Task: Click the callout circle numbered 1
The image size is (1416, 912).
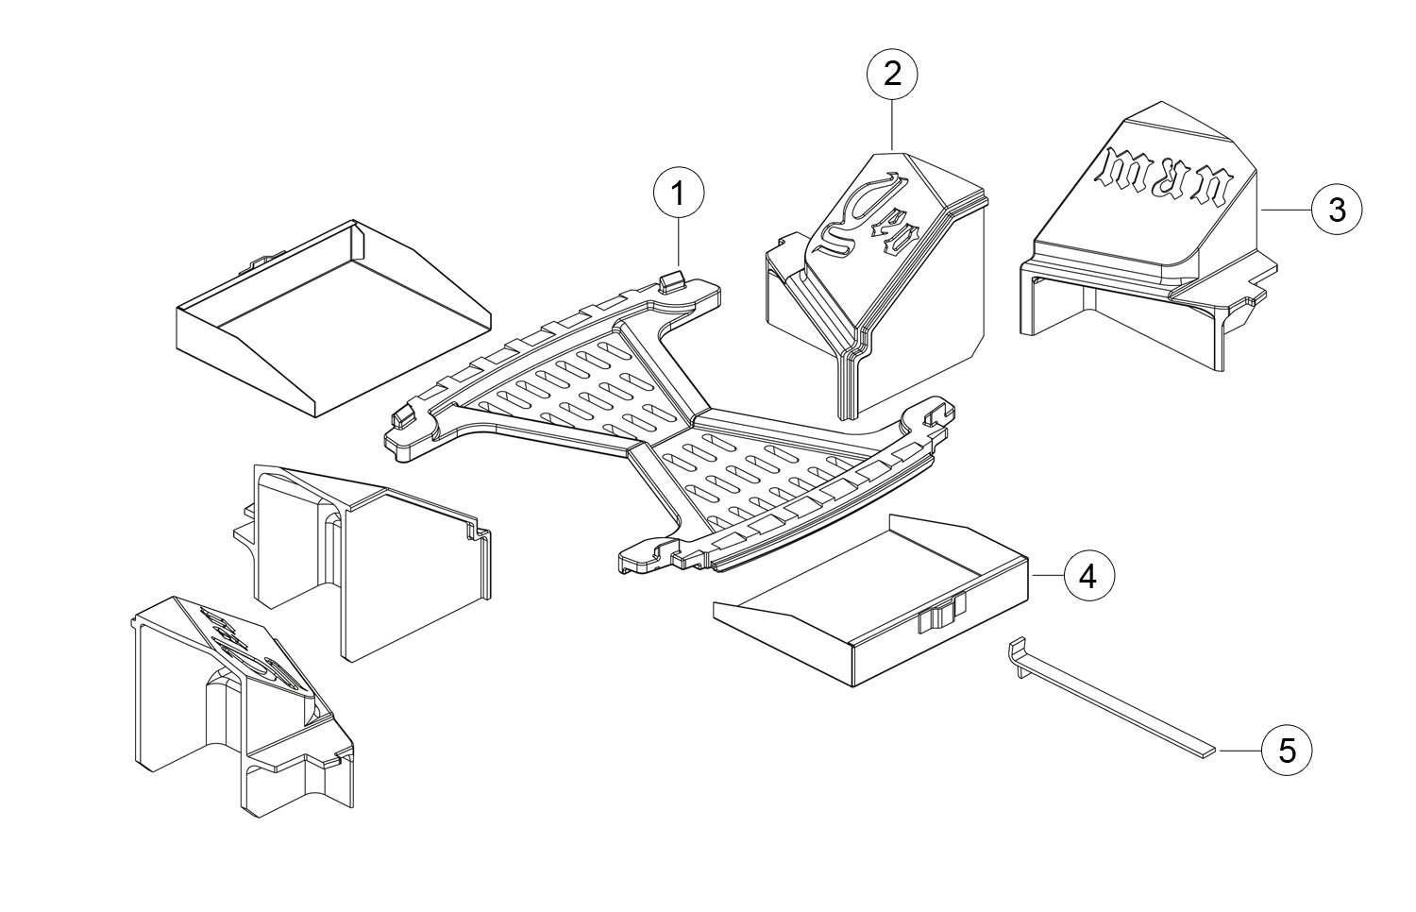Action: (x=678, y=195)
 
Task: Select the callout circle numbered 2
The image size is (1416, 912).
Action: (x=893, y=75)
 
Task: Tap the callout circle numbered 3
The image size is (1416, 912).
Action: (x=1337, y=210)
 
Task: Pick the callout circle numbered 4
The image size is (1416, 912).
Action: (x=1088, y=575)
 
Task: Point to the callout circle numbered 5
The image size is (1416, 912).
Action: (x=1287, y=751)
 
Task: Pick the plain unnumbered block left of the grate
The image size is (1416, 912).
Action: (x=368, y=557)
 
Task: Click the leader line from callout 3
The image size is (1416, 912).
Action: (x=1287, y=210)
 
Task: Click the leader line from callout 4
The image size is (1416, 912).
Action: (x=1047, y=575)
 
